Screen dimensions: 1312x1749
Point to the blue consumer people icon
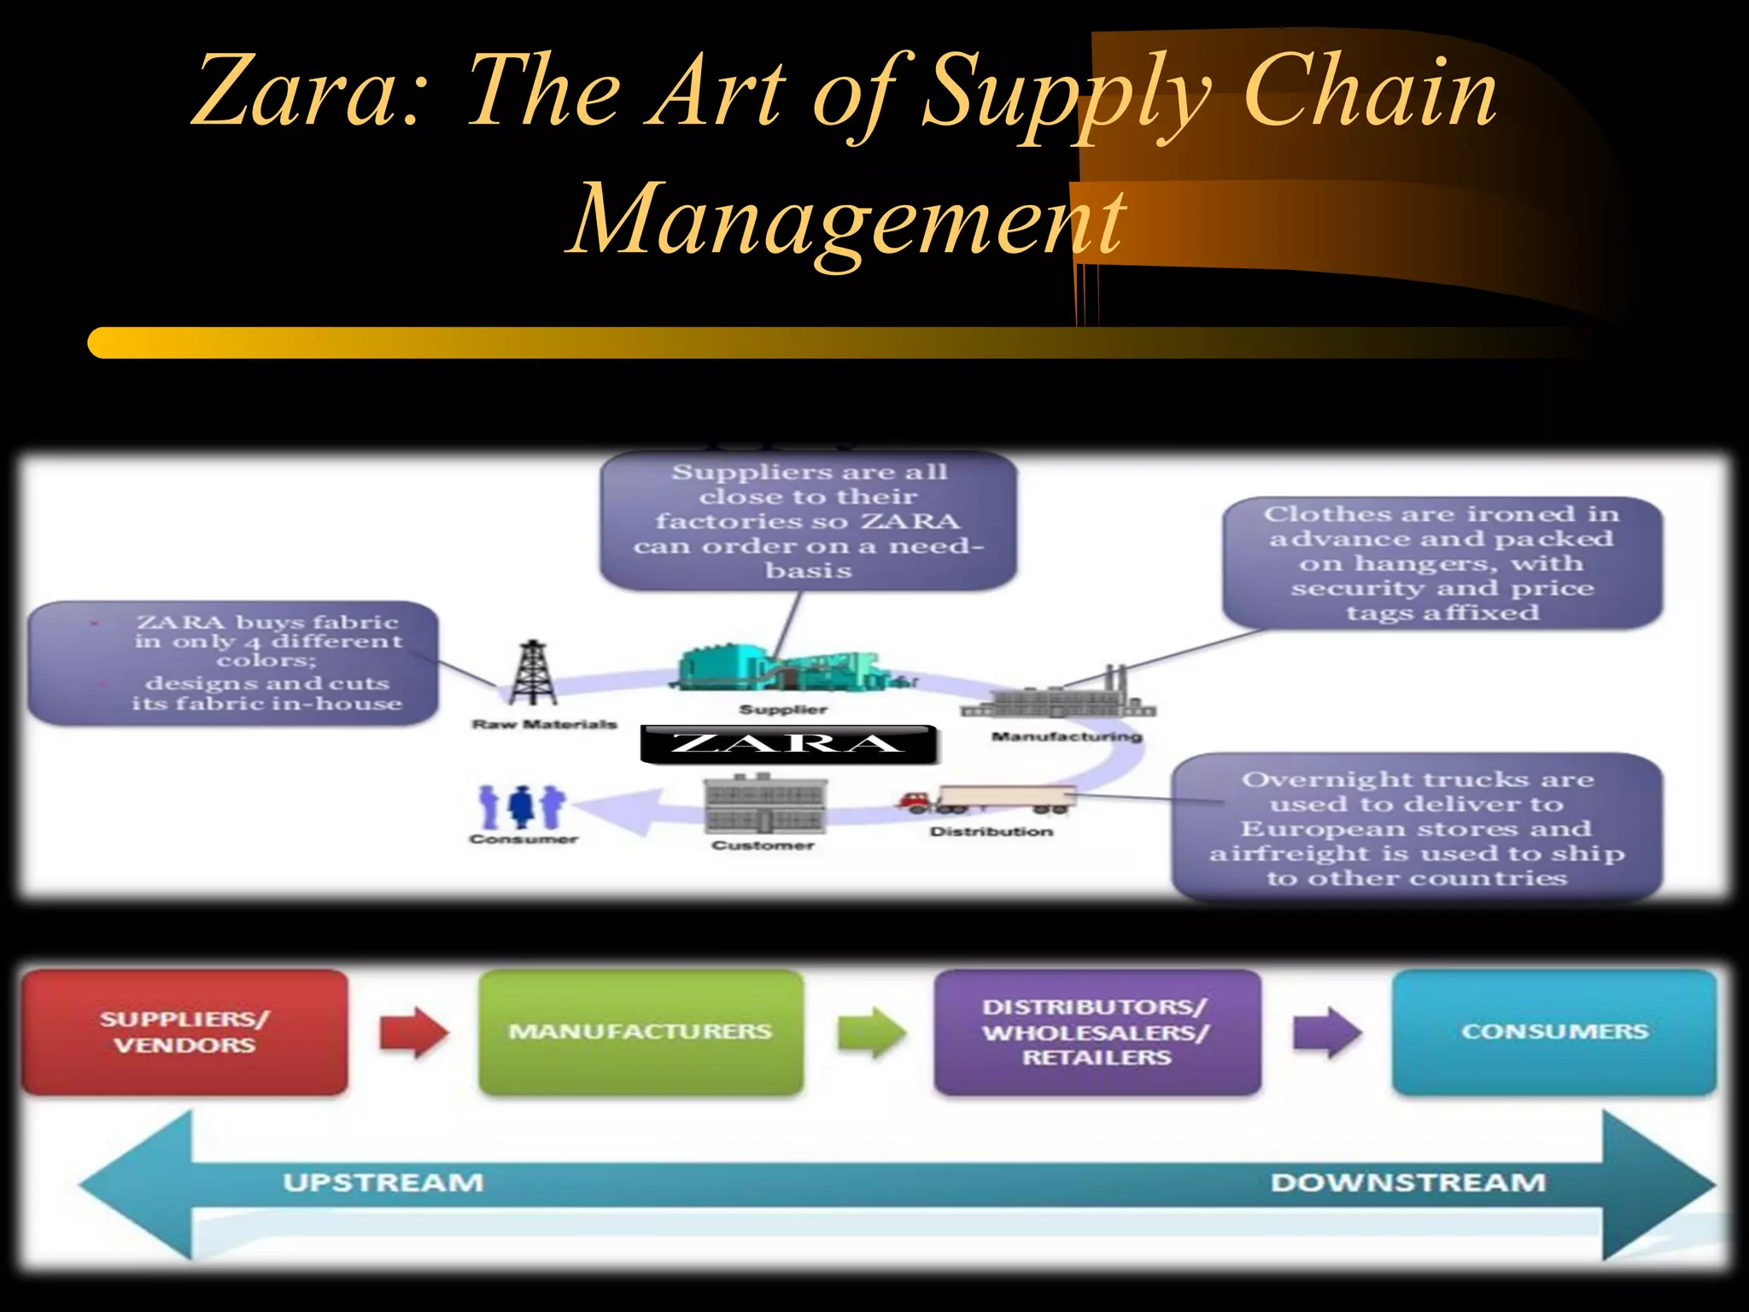pyautogui.click(x=522, y=807)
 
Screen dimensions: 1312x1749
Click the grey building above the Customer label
pyautogui.click(x=764, y=805)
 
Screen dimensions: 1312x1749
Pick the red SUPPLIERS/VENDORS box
pyautogui.click(x=184, y=1032)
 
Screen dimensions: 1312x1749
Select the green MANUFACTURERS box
pyautogui.click(x=641, y=1032)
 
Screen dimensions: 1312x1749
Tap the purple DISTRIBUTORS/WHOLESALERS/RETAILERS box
pyautogui.click(x=1097, y=1032)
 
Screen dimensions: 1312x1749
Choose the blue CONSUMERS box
pyautogui.click(x=1553, y=1032)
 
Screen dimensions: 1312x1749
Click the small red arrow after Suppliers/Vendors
pyautogui.click(x=413, y=1033)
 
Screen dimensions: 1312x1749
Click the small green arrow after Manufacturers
pyautogui.click(x=871, y=1033)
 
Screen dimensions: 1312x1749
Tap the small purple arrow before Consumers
pyautogui.click(x=1326, y=1033)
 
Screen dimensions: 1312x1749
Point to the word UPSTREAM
pyautogui.click(x=383, y=1182)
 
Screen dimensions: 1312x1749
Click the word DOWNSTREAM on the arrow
pyautogui.click(x=1407, y=1182)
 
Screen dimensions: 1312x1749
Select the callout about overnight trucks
pyautogui.click(x=1417, y=828)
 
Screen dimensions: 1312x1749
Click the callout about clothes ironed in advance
pyautogui.click(x=1442, y=563)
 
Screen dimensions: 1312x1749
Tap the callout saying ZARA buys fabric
pyautogui.click(x=233, y=663)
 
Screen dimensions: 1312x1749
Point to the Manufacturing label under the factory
pyautogui.click(x=1066, y=736)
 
